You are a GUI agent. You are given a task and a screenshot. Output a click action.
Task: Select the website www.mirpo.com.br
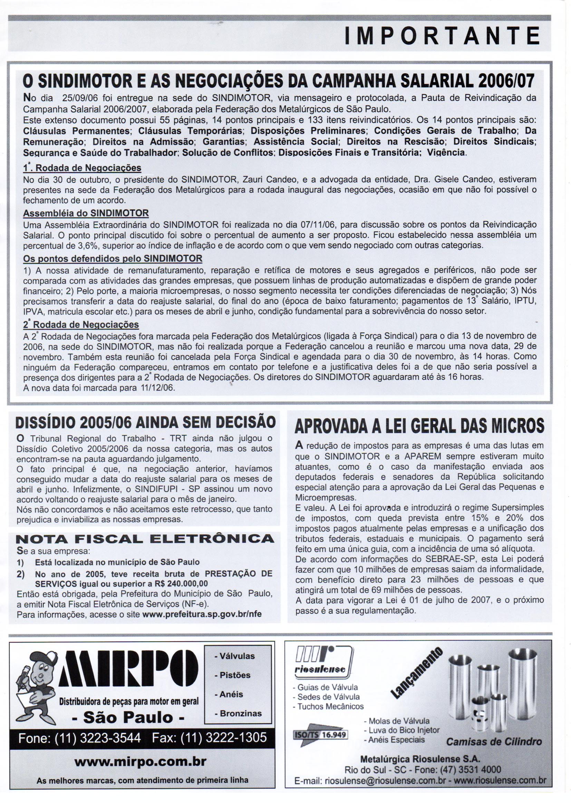click(140, 762)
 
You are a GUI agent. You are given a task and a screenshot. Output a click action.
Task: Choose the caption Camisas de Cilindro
click(494, 742)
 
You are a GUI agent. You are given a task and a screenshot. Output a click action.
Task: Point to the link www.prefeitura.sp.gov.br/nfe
click(202, 614)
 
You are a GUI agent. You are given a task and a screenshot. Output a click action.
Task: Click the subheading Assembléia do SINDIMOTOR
click(86, 213)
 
